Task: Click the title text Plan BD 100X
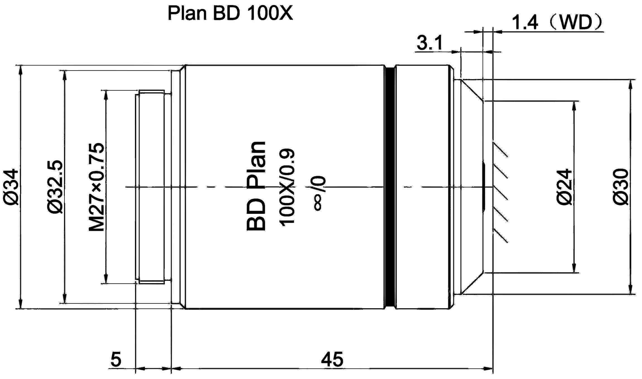(x=230, y=13)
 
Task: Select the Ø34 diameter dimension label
(x=11, y=187)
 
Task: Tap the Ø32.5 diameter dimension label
(x=55, y=187)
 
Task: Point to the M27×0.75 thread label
(x=97, y=187)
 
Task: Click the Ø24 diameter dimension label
(x=564, y=187)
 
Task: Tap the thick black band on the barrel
(x=390, y=187)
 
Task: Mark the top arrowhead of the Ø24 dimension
(x=574, y=106)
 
